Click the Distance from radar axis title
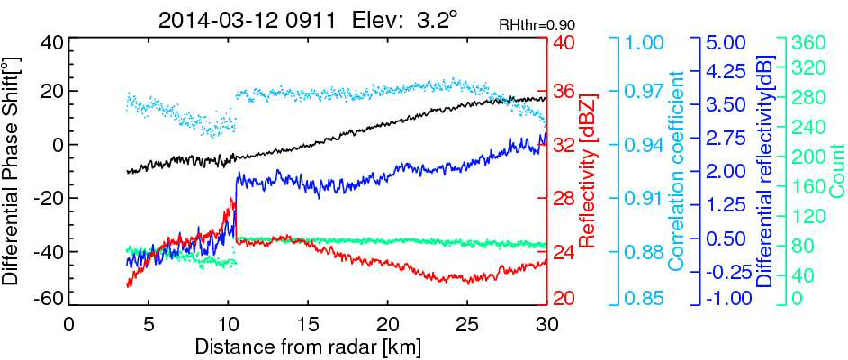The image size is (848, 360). (x=307, y=345)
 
